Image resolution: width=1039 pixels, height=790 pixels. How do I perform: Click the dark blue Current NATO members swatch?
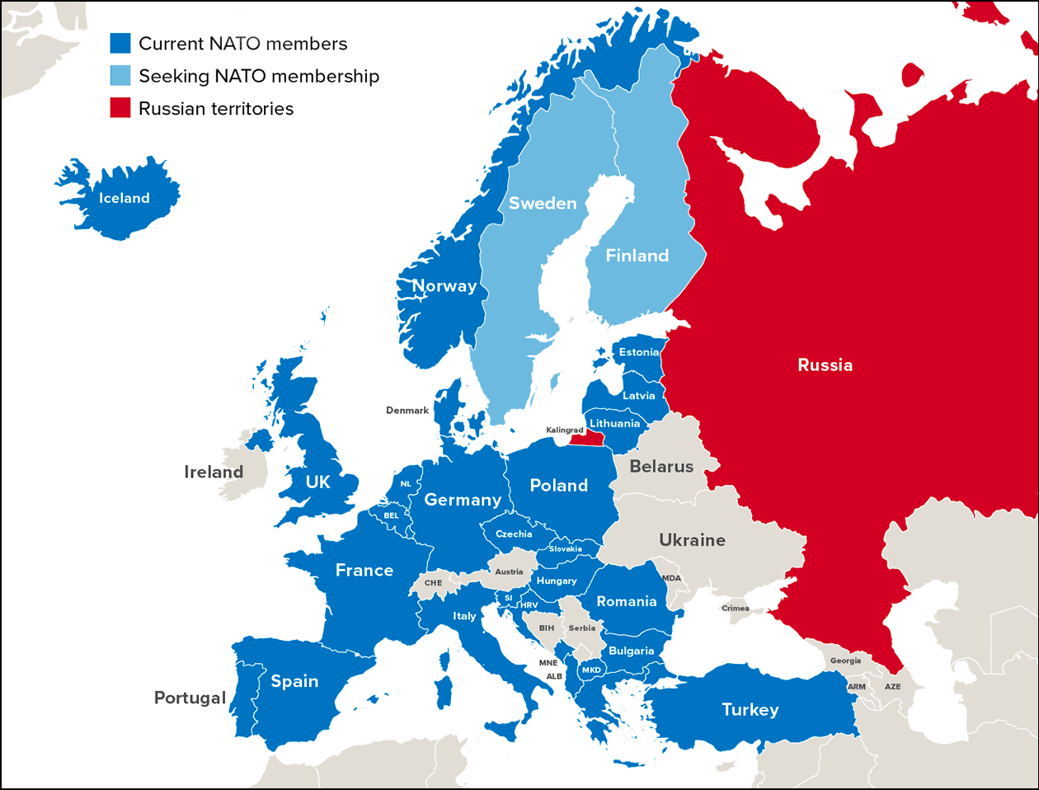[120, 44]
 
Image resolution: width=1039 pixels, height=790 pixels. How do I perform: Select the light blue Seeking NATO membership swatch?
[120, 76]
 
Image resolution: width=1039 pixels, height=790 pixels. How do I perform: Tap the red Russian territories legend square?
[120, 108]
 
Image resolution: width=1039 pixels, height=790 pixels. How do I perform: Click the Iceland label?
[125, 198]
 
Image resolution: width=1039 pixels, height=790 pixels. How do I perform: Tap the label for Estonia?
[639, 352]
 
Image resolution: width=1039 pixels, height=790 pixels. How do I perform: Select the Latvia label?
[639, 396]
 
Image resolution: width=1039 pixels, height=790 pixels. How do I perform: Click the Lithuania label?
[614, 424]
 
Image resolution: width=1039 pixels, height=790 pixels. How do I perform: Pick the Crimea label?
[736, 609]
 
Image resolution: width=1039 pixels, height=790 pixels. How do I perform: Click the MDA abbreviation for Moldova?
[672, 578]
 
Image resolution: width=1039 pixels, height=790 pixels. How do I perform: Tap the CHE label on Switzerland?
[433, 583]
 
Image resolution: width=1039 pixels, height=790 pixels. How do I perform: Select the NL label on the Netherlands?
[406, 484]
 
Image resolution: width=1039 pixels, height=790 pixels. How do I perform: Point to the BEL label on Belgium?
[391, 515]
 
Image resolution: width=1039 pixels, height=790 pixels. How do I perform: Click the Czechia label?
[514, 534]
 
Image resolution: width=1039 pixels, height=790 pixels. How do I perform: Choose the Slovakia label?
[565, 549]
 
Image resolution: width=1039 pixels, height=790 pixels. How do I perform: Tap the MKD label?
[591, 670]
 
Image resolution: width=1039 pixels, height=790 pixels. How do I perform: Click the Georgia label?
[845, 661]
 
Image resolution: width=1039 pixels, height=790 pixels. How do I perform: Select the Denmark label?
[407, 411]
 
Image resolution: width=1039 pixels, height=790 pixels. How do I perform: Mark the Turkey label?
[750, 710]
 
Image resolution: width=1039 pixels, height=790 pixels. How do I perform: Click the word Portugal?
[190, 698]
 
